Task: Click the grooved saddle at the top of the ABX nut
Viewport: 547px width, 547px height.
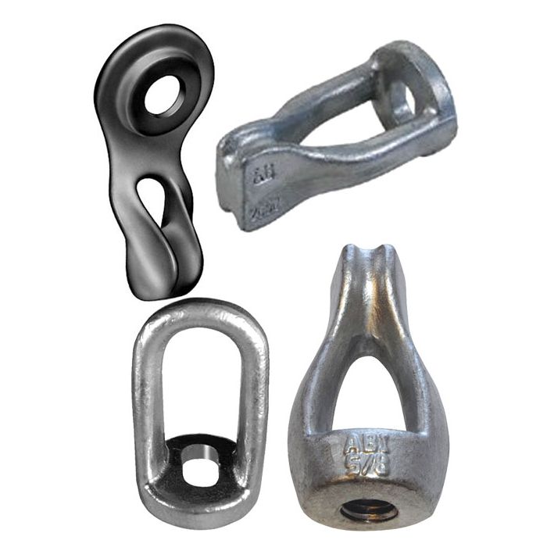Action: click(362, 258)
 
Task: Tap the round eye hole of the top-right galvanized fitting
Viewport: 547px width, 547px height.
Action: click(404, 100)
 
